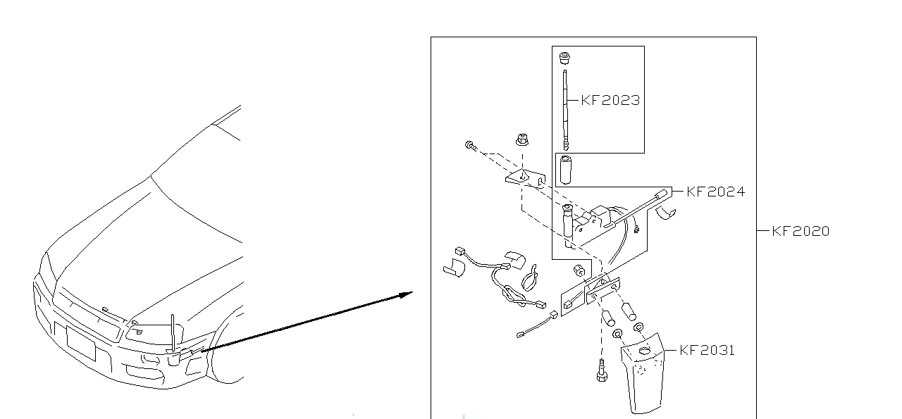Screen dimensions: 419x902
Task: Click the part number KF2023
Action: click(610, 100)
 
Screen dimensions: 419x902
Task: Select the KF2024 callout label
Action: click(715, 192)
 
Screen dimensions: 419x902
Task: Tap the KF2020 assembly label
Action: click(801, 231)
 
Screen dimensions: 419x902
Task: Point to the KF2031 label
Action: click(707, 350)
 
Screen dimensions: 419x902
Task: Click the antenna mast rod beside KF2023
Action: click(565, 109)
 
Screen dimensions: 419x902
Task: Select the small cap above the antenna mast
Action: click(564, 57)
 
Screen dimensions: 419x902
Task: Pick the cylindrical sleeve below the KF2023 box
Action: click(564, 170)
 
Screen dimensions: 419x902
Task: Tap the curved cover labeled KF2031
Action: click(643, 377)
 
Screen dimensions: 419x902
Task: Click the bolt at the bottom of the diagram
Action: click(602, 370)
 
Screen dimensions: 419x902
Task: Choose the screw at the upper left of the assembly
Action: click(469, 146)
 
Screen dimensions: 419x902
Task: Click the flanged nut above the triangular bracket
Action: click(523, 139)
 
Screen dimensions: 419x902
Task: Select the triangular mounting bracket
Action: click(524, 177)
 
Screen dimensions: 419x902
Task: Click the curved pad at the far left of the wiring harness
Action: click(455, 268)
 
